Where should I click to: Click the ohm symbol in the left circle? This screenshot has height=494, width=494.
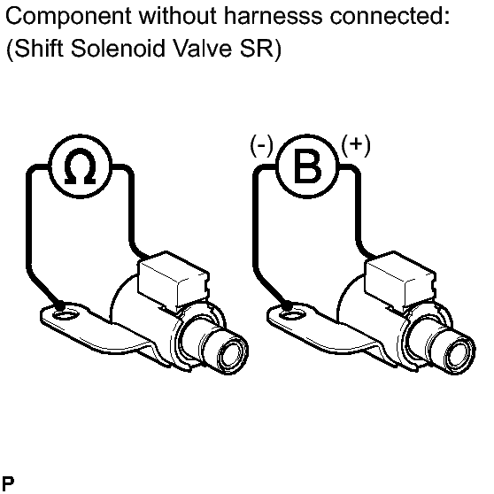[x=80, y=168]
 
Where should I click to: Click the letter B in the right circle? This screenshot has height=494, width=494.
[x=307, y=166]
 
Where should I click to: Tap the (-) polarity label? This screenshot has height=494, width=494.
[x=261, y=146]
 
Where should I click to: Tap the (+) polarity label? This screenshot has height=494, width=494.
[x=356, y=145]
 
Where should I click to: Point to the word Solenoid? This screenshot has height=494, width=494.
[x=118, y=49]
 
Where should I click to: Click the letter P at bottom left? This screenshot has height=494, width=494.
[x=8, y=482]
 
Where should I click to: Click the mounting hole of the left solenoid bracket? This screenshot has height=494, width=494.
[x=66, y=314]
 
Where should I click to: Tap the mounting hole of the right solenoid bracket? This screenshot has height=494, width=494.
[x=292, y=314]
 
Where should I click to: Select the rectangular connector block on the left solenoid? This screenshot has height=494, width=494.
[x=174, y=280]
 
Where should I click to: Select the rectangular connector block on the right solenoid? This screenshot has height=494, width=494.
[x=400, y=280]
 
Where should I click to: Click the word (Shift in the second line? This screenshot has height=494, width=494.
[x=35, y=49]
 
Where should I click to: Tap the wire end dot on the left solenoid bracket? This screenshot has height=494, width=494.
[x=59, y=306]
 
